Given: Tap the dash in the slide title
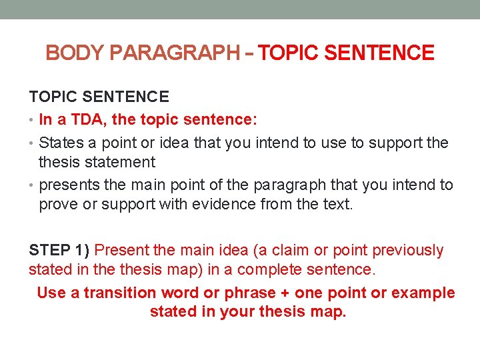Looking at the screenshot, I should [x=249, y=53].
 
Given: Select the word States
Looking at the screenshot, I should [x=60, y=143].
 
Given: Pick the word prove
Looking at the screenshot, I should [x=59, y=205].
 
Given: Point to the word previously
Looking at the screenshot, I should [x=407, y=250].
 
